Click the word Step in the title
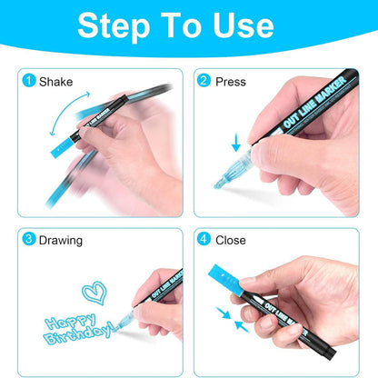pyautogui.click(x=115, y=25)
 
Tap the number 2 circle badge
pyautogui.click(x=205, y=81)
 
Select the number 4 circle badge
pyautogui.click(x=205, y=240)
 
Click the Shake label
pyautogui.click(x=55, y=81)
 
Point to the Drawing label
pyautogui.click(x=60, y=240)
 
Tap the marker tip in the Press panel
pyautogui.click(x=222, y=183)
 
